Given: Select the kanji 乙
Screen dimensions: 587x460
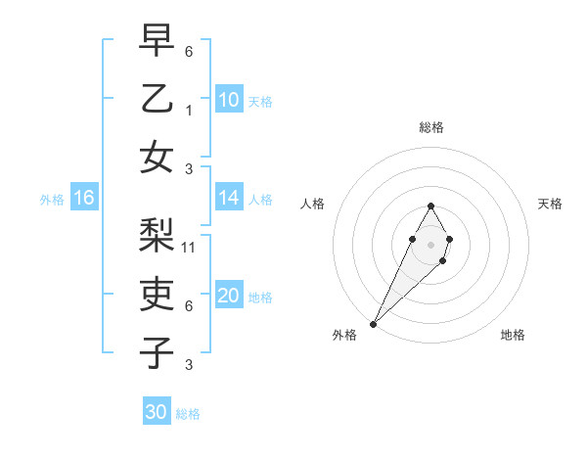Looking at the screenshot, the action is (157, 99).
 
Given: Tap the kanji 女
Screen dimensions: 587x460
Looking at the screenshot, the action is (157, 158).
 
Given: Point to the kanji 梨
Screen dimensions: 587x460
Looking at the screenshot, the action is (157, 235).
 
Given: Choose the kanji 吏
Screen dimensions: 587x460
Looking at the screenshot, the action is (157, 294).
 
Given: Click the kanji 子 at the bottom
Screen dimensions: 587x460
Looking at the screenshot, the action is (157, 352).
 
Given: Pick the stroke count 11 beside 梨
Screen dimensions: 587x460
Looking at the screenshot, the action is (190, 248).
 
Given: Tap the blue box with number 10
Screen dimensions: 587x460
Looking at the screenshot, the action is (228, 100).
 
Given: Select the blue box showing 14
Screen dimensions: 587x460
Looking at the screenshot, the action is (228, 198).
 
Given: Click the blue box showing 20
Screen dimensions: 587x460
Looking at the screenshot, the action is (228, 296).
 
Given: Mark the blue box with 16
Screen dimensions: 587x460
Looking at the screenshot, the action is (84, 198).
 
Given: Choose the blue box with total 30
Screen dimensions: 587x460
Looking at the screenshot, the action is (157, 412).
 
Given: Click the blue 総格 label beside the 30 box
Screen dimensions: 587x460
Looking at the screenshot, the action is (188, 414).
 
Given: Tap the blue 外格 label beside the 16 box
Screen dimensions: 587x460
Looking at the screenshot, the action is (52, 200).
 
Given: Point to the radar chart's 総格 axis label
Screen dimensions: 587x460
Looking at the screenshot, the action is (430, 127).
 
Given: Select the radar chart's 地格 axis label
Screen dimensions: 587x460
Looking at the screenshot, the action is (513, 335).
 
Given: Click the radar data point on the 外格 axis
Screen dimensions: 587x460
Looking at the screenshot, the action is (374, 323).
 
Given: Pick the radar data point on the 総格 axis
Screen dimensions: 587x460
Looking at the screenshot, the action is (430, 206).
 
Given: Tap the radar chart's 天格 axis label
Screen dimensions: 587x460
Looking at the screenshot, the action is (551, 204).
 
